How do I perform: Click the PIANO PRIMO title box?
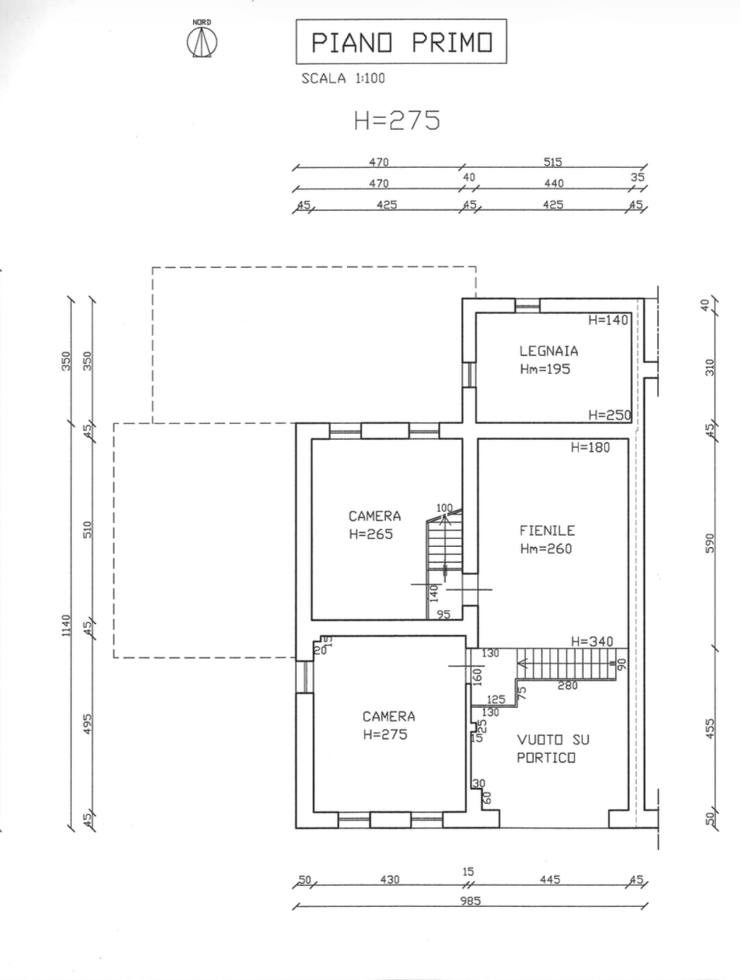click(x=401, y=41)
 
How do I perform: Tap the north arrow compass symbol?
click(x=202, y=40)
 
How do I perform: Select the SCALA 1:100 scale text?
click(x=343, y=78)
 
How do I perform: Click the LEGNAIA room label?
click(x=548, y=351)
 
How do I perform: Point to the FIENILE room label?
click(x=547, y=530)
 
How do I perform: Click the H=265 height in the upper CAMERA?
click(x=371, y=534)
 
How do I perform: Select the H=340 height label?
click(x=592, y=641)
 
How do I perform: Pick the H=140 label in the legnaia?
click(x=608, y=320)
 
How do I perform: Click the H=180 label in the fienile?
click(x=590, y=447)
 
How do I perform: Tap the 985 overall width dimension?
click(x=471, y=901)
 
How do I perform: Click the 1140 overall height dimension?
click(x=67, y=626)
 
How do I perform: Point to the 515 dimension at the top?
click(x=553, y=162)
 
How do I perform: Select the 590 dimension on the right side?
click(x=710, y=543)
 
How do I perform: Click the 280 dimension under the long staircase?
click(x=567, y=685)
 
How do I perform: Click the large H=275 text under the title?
click(x=397, y=121)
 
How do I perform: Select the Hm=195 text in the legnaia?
click(x=545, y=369)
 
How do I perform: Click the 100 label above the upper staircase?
click(x=444, y=508)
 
